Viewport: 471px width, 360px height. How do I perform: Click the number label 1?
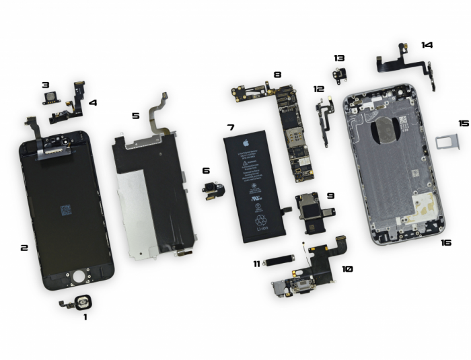tap(85, 316)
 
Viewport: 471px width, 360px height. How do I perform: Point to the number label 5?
tap(135, 116)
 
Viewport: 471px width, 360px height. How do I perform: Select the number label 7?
tap(230, 127)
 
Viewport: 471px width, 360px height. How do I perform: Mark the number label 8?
tap(277, 75)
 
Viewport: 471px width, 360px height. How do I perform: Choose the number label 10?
tap(347, 268)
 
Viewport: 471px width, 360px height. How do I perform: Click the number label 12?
tap(318, 88)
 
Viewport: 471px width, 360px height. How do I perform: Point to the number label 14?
tap(427, 45)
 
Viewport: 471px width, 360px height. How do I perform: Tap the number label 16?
tap(445, 242)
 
